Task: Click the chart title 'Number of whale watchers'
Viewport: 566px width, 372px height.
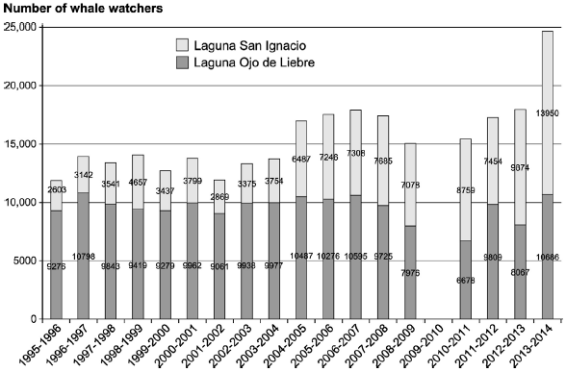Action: pos(80,9)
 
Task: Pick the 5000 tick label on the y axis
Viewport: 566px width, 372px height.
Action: pos(23,260)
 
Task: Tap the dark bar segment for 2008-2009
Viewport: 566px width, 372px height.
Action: pos(410,260)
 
